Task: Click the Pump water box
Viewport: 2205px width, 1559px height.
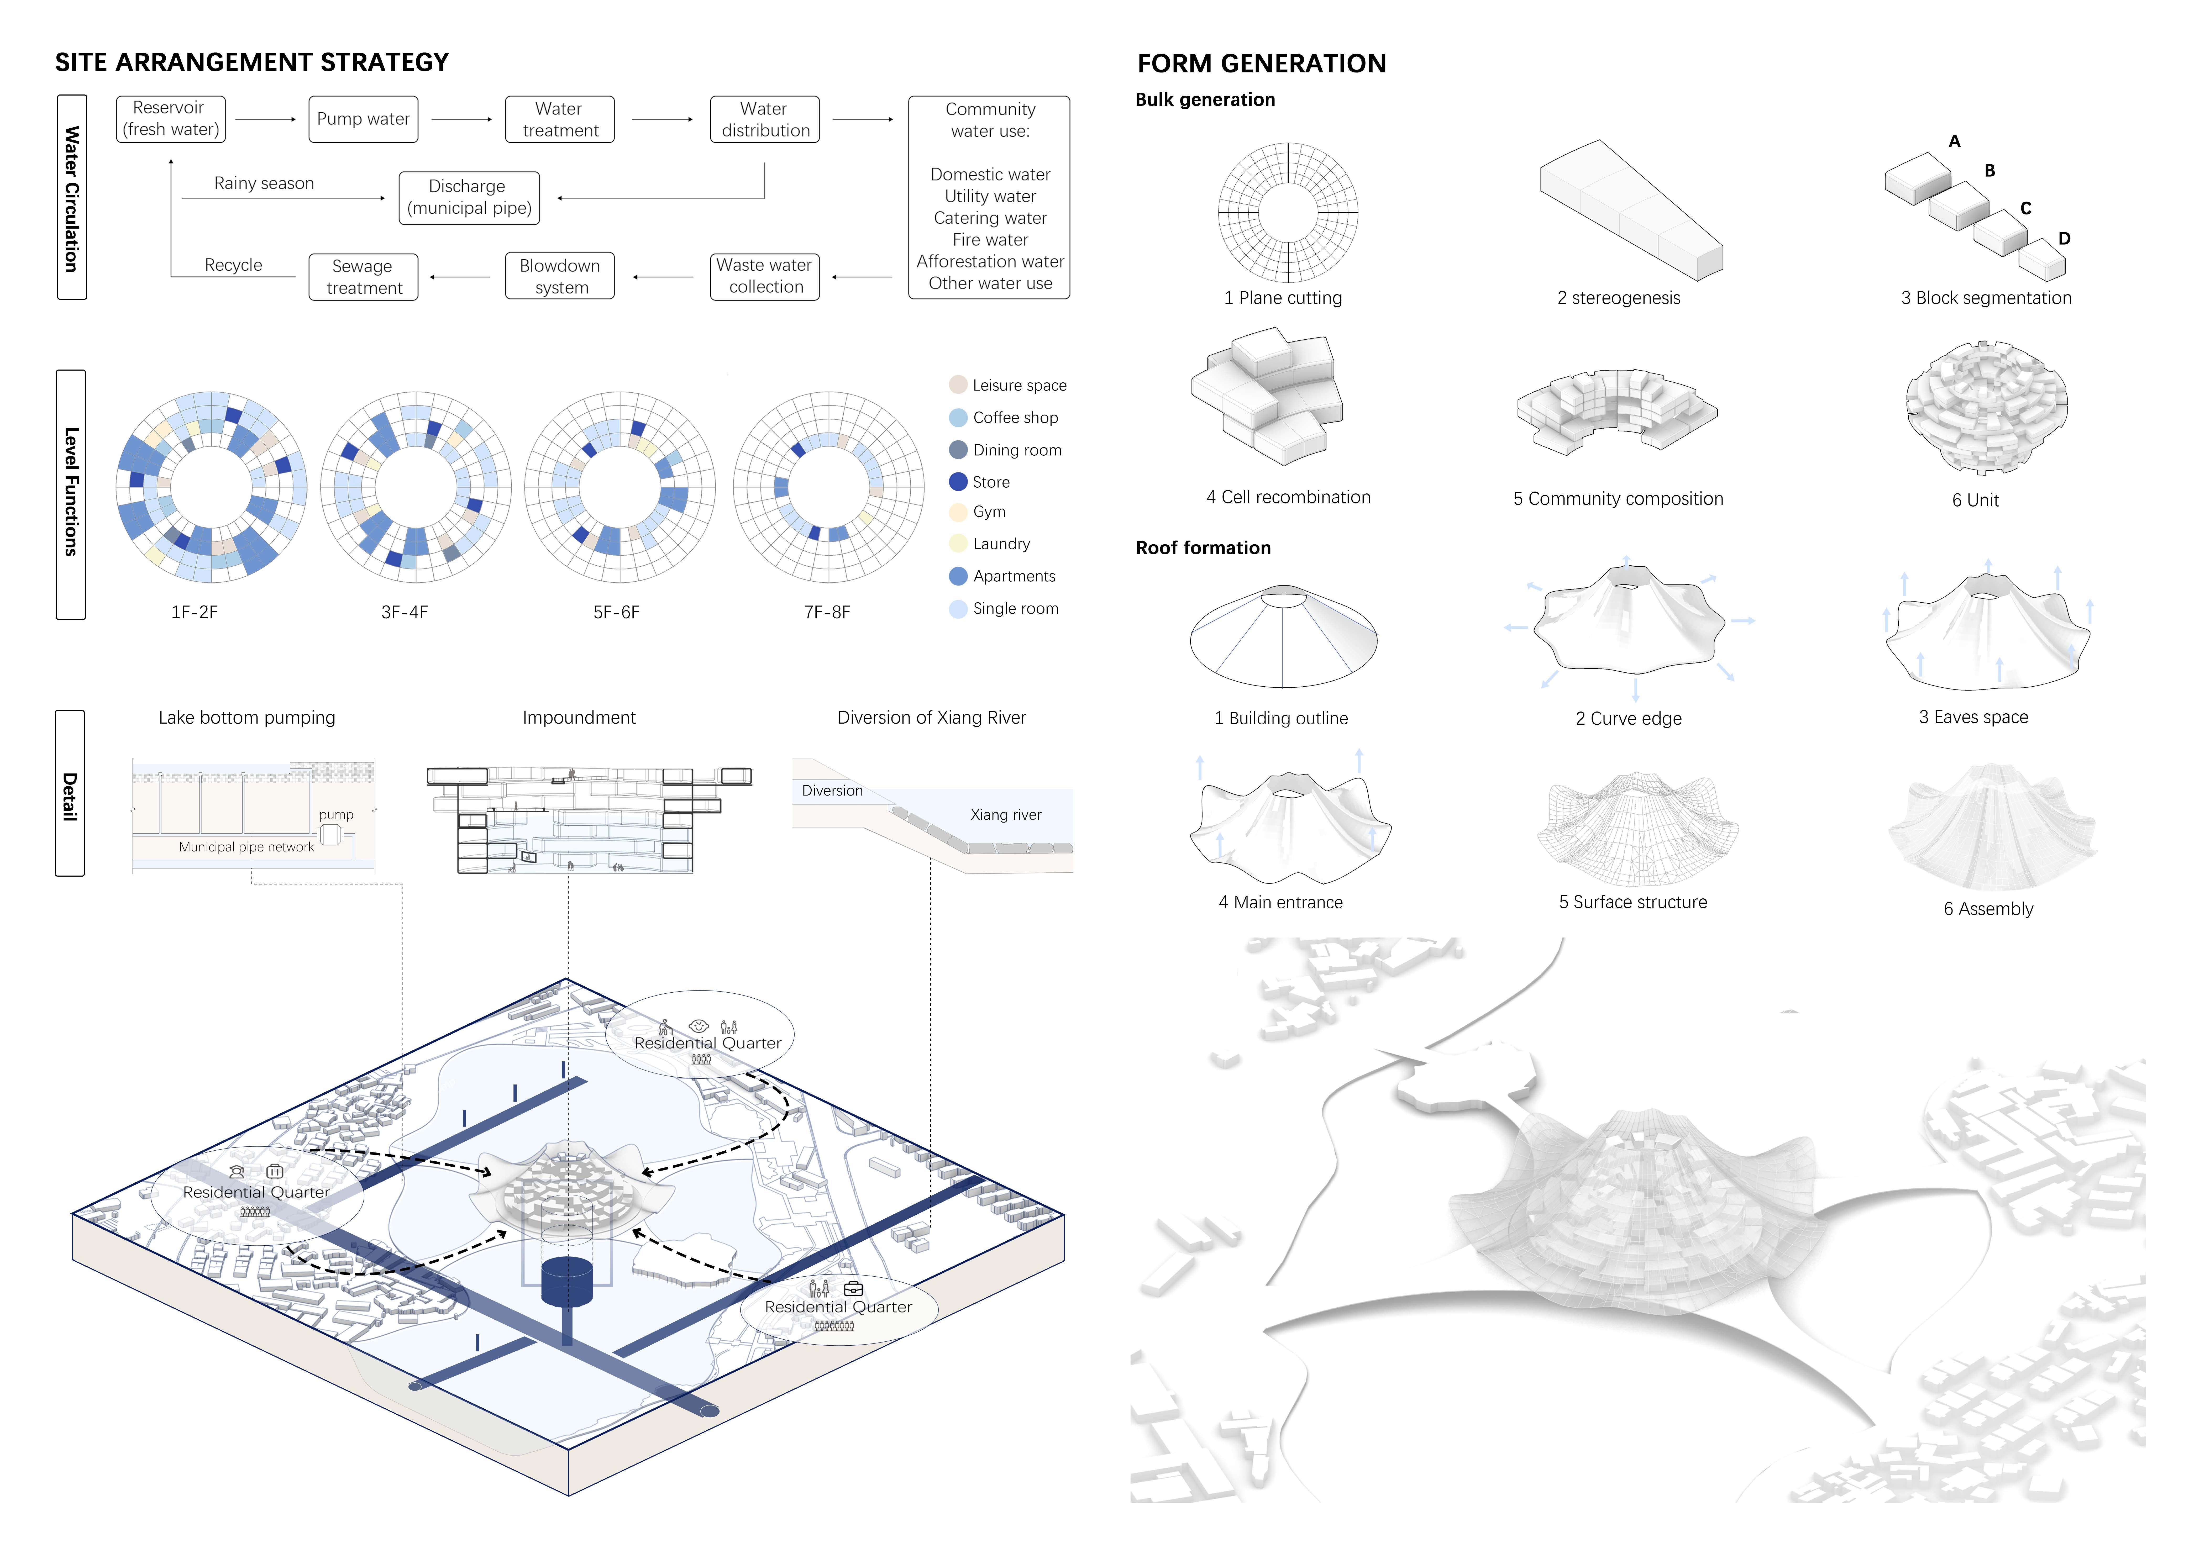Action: (363, 119)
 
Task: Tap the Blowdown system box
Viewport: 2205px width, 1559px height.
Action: (560, 276)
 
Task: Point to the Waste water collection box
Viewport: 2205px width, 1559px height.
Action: (764, 276)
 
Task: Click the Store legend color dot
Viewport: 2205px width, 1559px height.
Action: (958, 482)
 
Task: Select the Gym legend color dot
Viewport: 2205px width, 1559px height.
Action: (958, 512)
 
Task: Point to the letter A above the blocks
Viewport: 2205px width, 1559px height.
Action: (1954, 141)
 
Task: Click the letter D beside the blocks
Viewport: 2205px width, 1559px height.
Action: (2064, 238)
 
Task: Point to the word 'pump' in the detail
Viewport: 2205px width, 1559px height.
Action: (336, 815)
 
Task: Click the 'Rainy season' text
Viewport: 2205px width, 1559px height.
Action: (264, 183)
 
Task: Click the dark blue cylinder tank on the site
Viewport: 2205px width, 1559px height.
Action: (568, 1282)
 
